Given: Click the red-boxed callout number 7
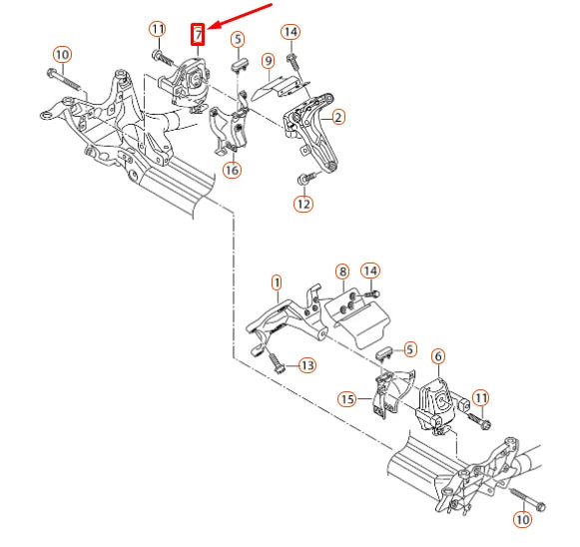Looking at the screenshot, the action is pyautogui.click(x=198, y=34).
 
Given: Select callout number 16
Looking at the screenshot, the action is pyautogui.click(x=232, y=170).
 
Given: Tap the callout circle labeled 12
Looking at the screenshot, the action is pyautogui.click(x=303, y=204).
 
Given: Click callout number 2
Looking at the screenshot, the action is pyautogui.click(x=338, y=118).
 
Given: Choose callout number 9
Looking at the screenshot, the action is pyautogui.click(x=269, y=61).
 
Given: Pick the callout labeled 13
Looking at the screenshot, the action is pyautogui.click(x=307, y=365).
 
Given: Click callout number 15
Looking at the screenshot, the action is pyautogui.click(x=347, y=399).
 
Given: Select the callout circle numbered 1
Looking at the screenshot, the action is pyautogui.click(x=277, y=282).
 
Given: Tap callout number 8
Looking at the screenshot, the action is pyautogui.click(x=342, y=272).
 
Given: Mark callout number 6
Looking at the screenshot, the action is pyautogui.click(x=438, y=356).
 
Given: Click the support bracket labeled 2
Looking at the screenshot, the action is pyautogui.click(x=310, y=130).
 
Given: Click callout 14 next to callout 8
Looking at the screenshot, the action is pyautogui.click(x=370, y=271).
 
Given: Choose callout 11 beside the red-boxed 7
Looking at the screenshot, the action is pyautogui.click(x=158, y=29).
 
